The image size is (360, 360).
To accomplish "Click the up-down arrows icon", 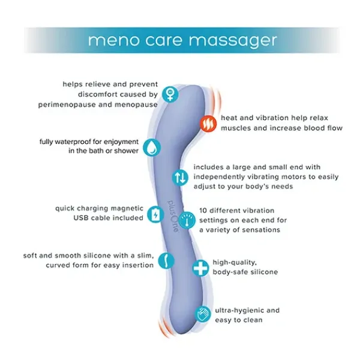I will click(x=180, y=177).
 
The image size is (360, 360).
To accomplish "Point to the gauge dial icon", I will click(x=187, y=220).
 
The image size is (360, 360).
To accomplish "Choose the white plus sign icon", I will click(x=200, y=268).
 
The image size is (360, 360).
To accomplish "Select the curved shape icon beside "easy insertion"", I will click(x=164, y=260).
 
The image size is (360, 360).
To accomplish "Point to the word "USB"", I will click(x=82, y=218).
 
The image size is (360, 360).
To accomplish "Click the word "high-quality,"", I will click(x=235, y=262).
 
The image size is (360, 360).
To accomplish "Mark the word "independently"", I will click(x=222, y=176).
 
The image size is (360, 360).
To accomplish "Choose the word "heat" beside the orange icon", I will click(x=231, y=118).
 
